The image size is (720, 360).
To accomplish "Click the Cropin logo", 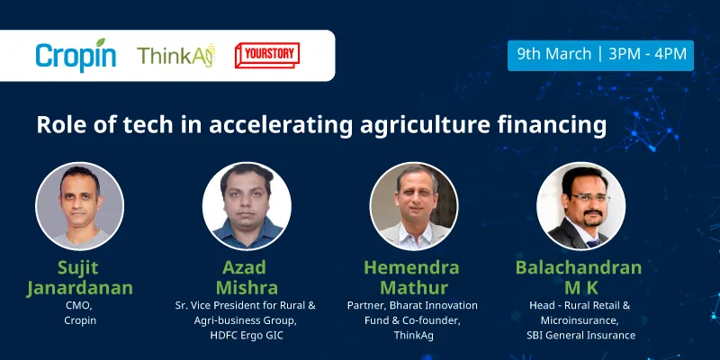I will (76, 55).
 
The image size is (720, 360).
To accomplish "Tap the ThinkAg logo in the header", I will (175, 56).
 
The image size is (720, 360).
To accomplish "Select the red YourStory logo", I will (266, 54).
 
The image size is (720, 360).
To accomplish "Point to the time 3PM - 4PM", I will (647, 54).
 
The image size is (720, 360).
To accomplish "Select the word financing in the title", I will (553, 125).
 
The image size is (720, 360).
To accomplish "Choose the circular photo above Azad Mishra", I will (245, 206).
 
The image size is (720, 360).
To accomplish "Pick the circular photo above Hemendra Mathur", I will (411, 206).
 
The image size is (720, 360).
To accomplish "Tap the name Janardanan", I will (78, 288).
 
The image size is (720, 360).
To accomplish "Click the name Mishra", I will (245, 288).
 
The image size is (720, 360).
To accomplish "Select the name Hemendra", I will (411, 268).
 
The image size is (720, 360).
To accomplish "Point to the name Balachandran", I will (579, 268).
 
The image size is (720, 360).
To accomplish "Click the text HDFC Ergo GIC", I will (245, 336).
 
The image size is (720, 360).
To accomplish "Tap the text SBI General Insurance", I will (580, 336).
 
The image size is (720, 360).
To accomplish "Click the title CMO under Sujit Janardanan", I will (77, 306).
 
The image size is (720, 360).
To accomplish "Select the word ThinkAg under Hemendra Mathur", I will (411, 336).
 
